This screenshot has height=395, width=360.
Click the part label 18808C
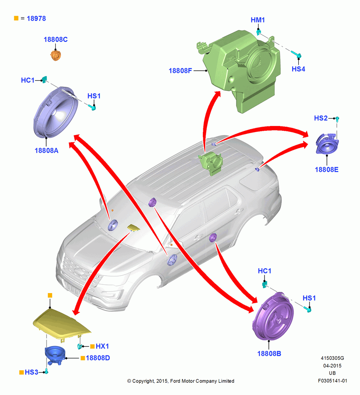[56, 39]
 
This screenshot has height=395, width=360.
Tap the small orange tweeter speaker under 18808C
[56, 55]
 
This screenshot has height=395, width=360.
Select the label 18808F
[180, 71]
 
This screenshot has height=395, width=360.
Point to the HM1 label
[258, 20]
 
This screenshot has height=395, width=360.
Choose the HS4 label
[298, 69]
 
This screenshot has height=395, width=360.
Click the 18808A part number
[47, 150]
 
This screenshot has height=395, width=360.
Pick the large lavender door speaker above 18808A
[55, 112]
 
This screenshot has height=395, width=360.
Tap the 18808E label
[326, 169]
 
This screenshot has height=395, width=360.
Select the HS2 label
[321, 118]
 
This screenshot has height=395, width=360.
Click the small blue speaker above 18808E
[327, 144]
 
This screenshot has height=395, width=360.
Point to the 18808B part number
[269, 354]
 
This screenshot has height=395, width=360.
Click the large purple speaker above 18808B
[273, 316]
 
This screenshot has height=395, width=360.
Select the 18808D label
[98, 358]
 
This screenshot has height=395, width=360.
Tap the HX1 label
[102, 346]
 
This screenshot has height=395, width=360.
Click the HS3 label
[32, 372]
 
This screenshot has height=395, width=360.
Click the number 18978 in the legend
[36, 19]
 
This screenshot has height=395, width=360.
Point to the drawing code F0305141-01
[332, 381]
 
